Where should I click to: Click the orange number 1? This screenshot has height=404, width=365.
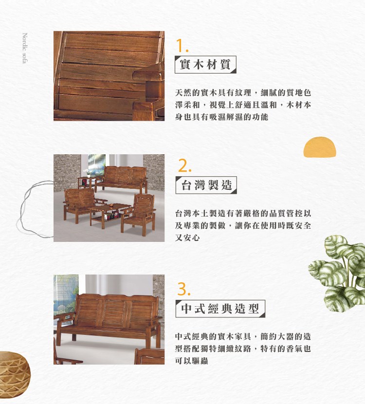(x=182, y=46)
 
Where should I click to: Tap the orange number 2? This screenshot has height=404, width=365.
(x=184, y=165)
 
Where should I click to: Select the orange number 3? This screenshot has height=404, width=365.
(x=184, y=289)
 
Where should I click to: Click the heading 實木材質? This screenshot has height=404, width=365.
(x=205, y=64)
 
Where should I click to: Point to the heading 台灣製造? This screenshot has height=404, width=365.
(x=206, y=185)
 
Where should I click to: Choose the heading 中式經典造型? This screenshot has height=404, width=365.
(x=220, y=309)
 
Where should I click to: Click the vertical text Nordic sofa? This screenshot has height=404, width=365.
(x=25, y=48)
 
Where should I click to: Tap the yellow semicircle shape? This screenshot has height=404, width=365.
(x=320, y=147)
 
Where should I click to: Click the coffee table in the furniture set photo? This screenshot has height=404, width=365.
(x=110, y=213)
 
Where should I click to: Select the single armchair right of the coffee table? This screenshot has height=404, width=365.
(x=138, y=214)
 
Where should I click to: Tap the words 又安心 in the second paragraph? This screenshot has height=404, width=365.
(x=187, y=238)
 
